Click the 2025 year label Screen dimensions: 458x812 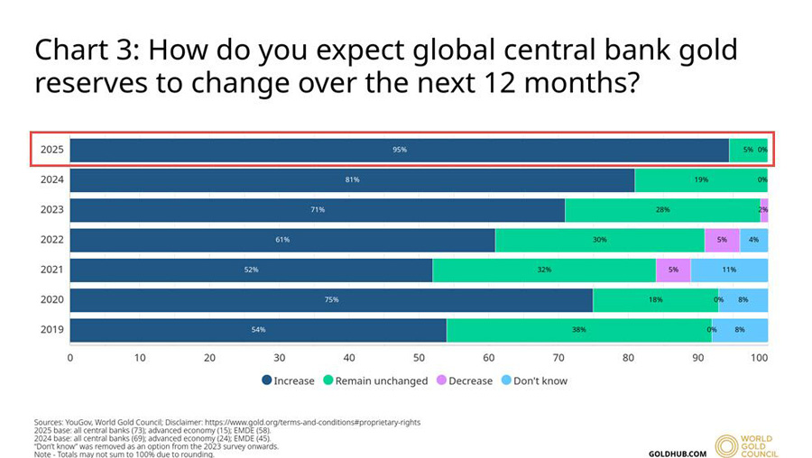(51, 150)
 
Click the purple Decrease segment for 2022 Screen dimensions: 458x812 (722, 240)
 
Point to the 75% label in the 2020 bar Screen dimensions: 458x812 (331, 299)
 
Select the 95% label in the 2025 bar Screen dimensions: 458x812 (400, 150)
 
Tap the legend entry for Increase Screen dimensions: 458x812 (288, 380)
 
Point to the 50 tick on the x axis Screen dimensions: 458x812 (419, 358)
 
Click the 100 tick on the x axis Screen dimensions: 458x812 (761, 358)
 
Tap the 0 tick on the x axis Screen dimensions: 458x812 (70, 358)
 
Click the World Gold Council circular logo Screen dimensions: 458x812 (727, 446)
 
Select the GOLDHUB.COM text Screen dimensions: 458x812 (678, 453)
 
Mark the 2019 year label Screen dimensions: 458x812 (51, 330)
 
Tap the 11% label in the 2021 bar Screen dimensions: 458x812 (729, 270)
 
